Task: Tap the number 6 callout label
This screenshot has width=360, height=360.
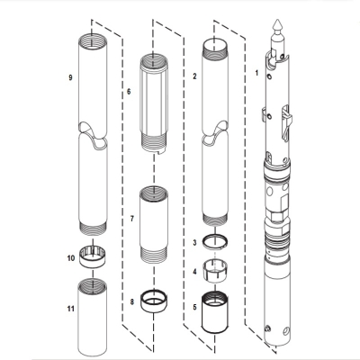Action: pos(129,92)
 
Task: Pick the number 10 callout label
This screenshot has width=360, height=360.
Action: pos(70,258)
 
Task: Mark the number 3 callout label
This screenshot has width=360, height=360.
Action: pos(195,244)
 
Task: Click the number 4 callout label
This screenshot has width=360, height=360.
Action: pos(195,270)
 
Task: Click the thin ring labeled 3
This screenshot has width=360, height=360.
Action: pos(217,241)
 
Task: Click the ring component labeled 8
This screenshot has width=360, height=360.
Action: pos(155,298)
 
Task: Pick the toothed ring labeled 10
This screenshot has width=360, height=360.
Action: pos(94,256)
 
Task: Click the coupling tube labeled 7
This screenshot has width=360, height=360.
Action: pos(155,225)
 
